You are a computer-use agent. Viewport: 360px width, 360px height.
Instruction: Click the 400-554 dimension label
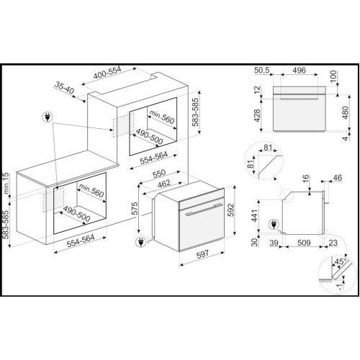pos(107,73)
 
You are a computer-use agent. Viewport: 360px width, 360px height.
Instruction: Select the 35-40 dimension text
pos(65,88)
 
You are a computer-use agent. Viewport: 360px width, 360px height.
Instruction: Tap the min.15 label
pos(6,183)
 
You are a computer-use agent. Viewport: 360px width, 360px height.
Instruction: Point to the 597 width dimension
pos(202,254)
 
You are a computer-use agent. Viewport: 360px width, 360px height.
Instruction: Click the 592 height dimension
pos(230,210)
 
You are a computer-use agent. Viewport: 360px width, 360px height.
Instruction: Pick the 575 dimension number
pos(135,209)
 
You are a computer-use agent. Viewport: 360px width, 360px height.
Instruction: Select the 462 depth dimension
pos(164,184)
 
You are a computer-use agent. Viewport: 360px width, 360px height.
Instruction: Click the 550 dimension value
pos(159,174)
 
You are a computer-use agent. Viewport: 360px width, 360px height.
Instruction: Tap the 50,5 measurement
pos(262,70)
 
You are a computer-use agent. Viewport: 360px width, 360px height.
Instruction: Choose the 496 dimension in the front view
pos(300,70)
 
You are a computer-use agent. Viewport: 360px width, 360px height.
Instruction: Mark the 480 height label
pos(345,112)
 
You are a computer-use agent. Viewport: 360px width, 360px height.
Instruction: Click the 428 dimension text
pos(257,115)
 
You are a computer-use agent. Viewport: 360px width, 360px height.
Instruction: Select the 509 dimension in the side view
pos(304,243)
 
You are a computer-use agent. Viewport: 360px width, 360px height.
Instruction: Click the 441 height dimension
pos(254,215)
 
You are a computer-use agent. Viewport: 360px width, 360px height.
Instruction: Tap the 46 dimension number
pos(337,178)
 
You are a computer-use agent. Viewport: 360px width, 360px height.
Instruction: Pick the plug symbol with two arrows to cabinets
pos(48,117)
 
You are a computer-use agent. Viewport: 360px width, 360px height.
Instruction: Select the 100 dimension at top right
pos(333,76)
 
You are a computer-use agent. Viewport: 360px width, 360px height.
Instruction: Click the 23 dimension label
pos(333,243)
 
